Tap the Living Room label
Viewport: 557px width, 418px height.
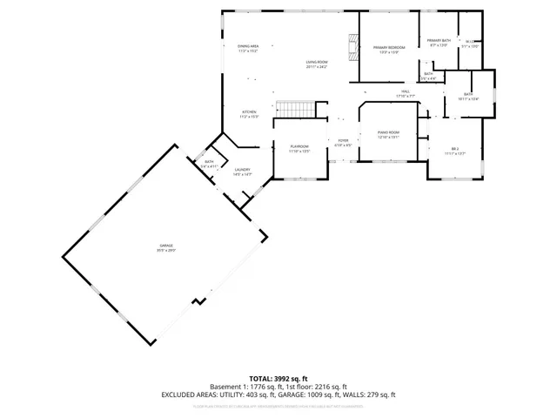coord(316,64)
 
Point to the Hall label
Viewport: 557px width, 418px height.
coord(406,92)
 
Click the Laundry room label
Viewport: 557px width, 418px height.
coord(242,172)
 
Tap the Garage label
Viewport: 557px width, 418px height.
coord(165,247)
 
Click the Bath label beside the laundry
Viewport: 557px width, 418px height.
coord(209,163)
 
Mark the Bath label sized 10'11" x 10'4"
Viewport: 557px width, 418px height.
coord(468,96)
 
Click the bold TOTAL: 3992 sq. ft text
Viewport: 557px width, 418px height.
coord(278,379)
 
